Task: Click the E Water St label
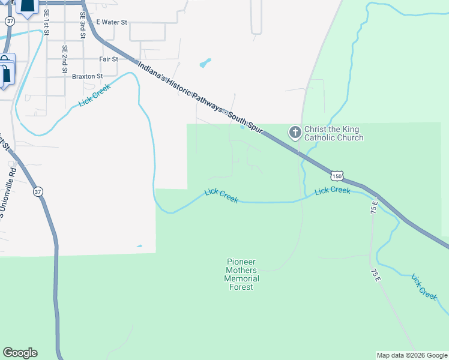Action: (x=112, y=22)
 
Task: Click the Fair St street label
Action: (x=109, y=59)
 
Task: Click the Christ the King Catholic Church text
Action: (x=334, y=133)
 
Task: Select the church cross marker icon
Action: (x=295, y=132)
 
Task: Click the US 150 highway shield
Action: (x=337, y=176)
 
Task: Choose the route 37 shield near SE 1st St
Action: (x=9, y=20)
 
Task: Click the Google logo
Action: (x=20, y=353)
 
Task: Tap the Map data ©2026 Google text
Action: (x=411, y=355)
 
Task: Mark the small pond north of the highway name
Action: (x=205, y=62)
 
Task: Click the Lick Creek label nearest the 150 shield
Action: (x=332, y=190)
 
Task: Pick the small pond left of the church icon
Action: (x=243, y=127)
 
